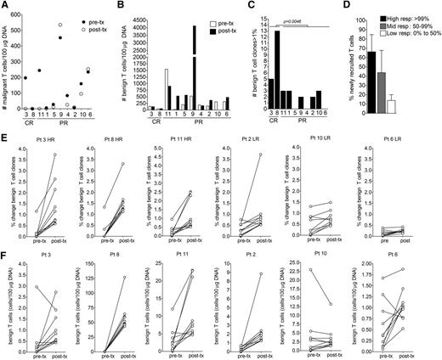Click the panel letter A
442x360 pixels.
point(5,5)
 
